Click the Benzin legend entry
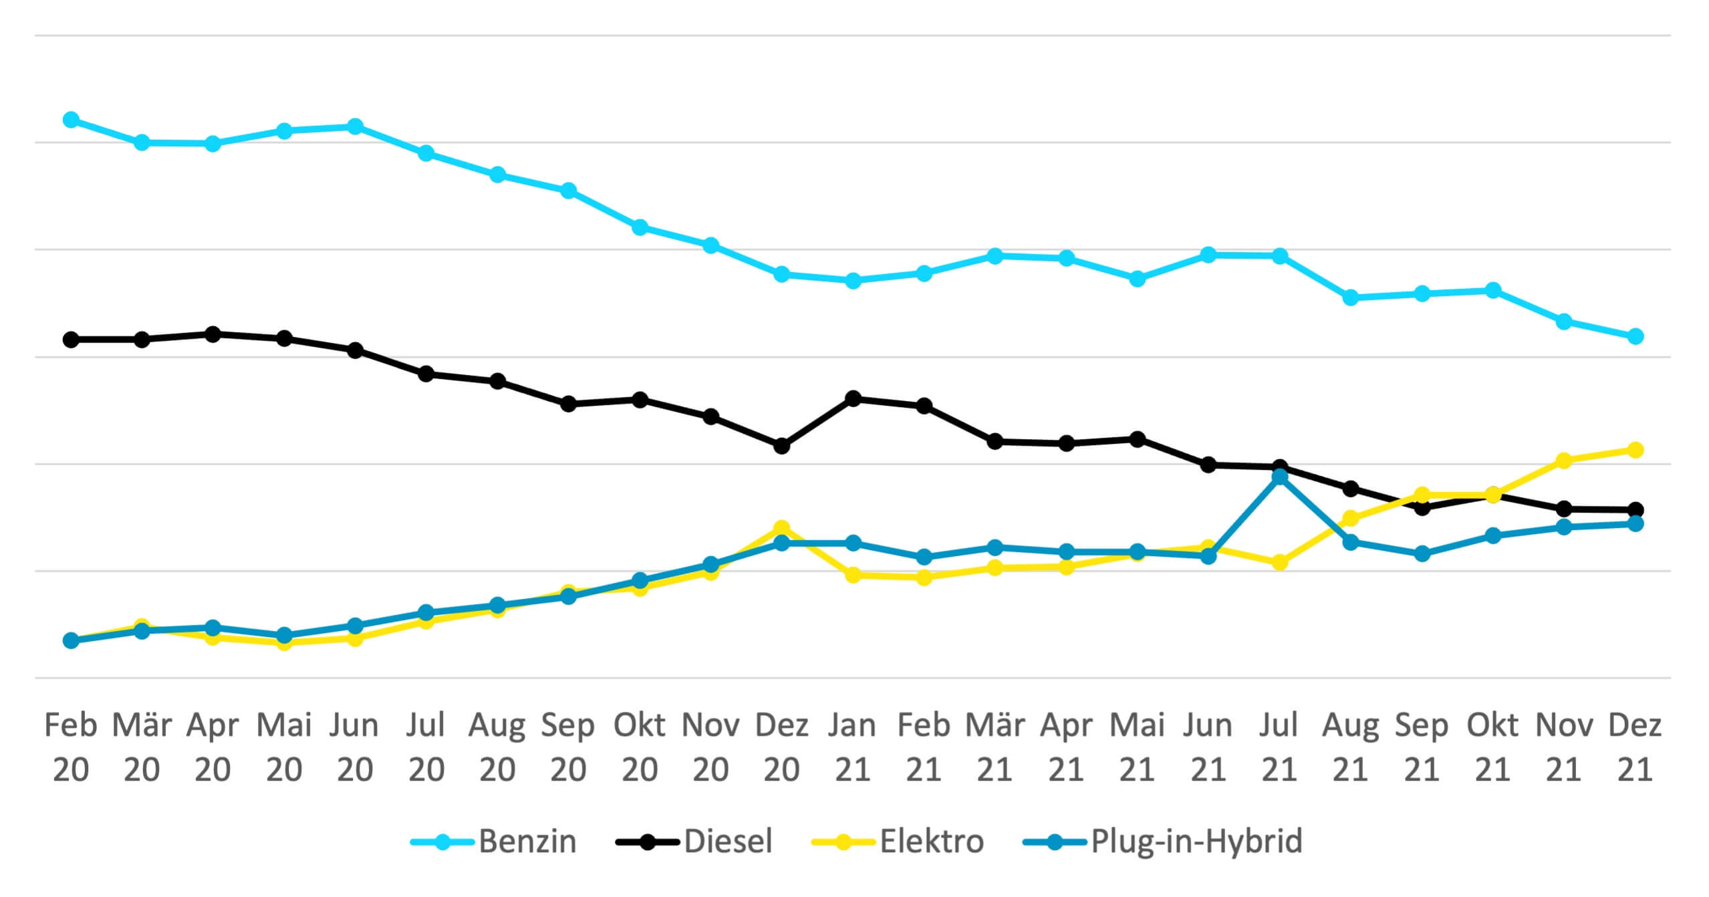click(x=493, y=841)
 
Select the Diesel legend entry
click(x=694, y=841)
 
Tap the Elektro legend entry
click(x=898, y=841)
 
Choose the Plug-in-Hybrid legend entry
click(x=1163, y=841)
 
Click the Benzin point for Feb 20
click(x=71, y=120)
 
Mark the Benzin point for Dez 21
click(x=1635, y=336)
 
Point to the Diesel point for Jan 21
click(x=853, y=398)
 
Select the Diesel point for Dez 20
click(x=782, y=446)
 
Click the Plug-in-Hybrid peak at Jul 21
click(x=1280, y=477)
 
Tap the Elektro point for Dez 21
click(x=1635, y=450)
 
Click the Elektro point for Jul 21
click(x=1280, y=563)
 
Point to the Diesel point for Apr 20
click(x=213, y=334)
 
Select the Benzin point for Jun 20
click(x=356, y=126)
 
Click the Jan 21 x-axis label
click(x=853, y=747)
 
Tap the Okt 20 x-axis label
click(x=640, y=747)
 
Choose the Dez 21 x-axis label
click(x=1635, y=747)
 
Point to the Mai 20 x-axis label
click(x=284, y=747)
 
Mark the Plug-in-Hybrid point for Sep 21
click(x=1422, y=554)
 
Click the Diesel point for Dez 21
click(x=1635, y=510)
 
